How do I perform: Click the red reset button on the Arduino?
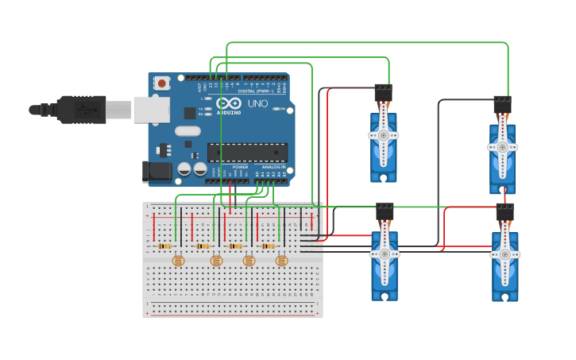[x=162, y=83]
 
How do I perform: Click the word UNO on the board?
[x=258, y=104]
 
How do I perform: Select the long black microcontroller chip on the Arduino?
[x=247, y=152]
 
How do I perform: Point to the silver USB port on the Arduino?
[x=151, y=110]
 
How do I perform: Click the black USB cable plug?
[x=80, y=110]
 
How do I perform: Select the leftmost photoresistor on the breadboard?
[x=178, y=260]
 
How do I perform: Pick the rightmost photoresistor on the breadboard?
[x=280, y=260]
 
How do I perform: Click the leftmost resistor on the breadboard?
[x=165, y=246]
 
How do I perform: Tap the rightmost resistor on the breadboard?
[x=268, y=246]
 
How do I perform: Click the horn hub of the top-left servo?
[x=384, y=135]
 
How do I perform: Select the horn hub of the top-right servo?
[x=502, y=147]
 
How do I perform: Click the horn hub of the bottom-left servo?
[x=385, y=254]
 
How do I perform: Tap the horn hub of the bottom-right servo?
[x=504, y=254]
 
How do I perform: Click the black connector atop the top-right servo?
[x=502, y=105]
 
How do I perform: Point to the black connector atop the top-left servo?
[x=384, y=92]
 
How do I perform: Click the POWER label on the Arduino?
[x=240, y=167]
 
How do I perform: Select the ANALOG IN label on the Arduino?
[x=273, y=167]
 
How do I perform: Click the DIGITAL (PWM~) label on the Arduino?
[x=257, y=91]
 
